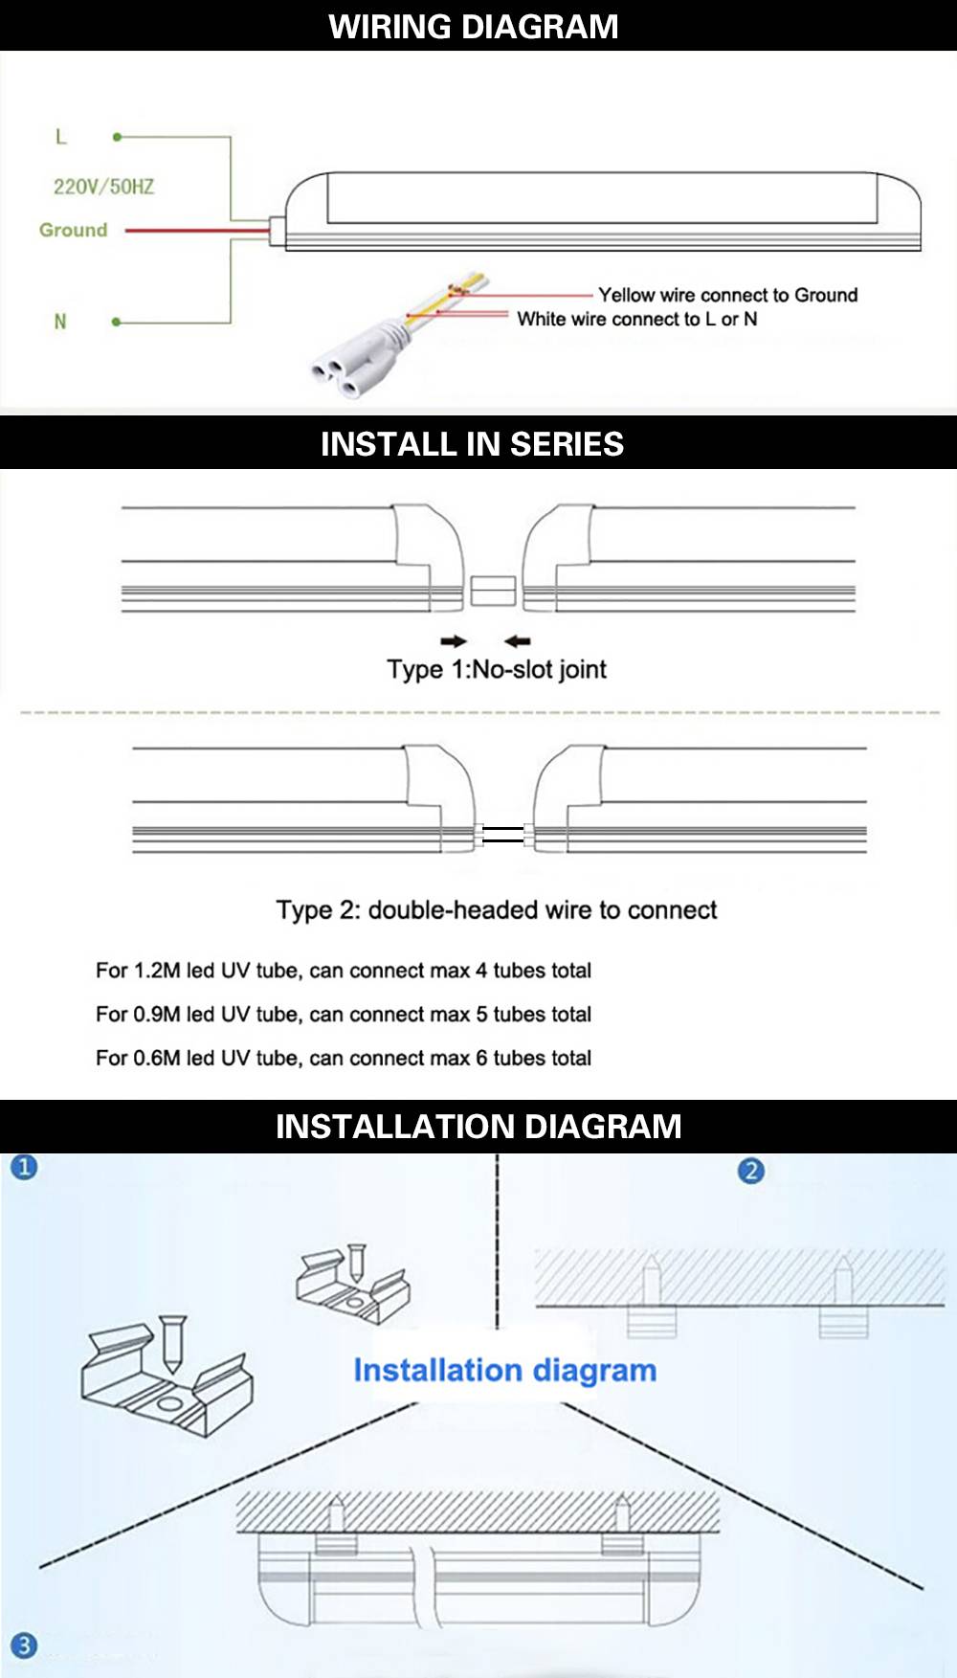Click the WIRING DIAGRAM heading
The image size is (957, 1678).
(x=474, y=26)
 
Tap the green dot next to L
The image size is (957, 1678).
(x=117, y=137)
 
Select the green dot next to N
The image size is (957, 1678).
(x=117, y=322)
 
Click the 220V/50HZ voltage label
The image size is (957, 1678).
(x=103, y=187)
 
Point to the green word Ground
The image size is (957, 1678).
(x=73, y=230)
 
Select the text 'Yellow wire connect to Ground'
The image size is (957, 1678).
(x=728, y=295)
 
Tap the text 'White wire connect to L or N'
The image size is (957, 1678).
(x=637, y=319)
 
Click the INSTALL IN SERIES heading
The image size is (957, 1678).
(x=472, y=444)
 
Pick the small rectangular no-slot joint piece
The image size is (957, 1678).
(x=494, y=591)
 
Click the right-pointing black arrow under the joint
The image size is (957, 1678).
(x=454, y=641)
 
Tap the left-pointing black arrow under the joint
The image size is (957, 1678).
(x=517, y=641)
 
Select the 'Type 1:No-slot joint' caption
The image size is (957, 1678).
(x=497, y=669)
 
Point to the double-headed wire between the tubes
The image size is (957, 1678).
(x=503, y=835)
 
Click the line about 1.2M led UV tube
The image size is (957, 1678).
(x=344, y=971)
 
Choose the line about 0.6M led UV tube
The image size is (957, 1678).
(x=344, y=1058)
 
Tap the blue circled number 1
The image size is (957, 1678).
(x=24, y=1167)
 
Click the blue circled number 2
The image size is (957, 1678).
(x=751, y=1171)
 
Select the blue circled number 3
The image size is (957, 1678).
(x=24, y=1645)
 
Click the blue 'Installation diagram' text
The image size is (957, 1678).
(x=505, y=1371)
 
